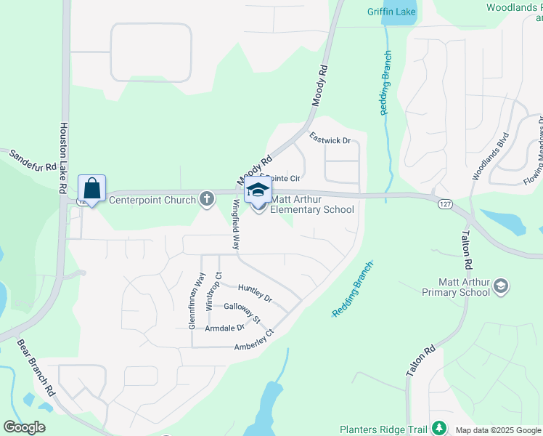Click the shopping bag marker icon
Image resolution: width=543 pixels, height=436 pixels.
tap(91, 189)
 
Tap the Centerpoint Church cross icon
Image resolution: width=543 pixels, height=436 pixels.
tap(207, 198)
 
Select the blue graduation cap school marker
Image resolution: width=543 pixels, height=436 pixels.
tap(258, 190)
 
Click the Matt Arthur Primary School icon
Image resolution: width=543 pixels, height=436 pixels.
tap(500, 286)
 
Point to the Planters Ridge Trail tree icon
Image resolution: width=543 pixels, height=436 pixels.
tap(438, 427)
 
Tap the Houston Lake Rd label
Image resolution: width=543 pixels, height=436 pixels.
tap(63, 157)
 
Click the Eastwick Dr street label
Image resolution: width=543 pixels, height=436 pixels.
tap(330, 137)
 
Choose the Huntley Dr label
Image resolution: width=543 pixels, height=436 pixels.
tap(254, 294)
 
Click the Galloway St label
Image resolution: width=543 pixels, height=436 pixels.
tap(242, 313)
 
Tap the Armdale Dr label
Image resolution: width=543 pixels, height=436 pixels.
tap(224, 329)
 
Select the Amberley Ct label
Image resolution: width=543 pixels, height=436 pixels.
tap(253, 342)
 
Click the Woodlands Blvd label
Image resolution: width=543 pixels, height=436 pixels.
tap(491, 156)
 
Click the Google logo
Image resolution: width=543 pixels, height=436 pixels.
tap(24, 427)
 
